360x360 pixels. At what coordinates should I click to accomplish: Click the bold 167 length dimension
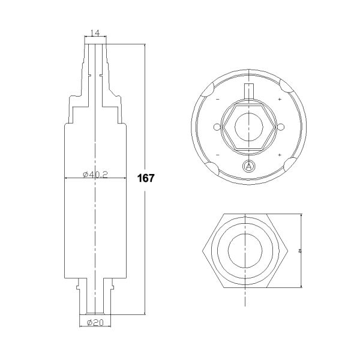click(x=146, y=178)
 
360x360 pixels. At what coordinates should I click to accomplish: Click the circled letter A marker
click(x=248, y=166)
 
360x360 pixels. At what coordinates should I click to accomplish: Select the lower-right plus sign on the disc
click(x=280, y=155)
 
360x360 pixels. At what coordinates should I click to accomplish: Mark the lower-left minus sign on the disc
click(x=217, y=155)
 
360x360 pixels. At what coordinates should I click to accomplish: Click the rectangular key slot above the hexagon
click(x=248, y=92)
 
